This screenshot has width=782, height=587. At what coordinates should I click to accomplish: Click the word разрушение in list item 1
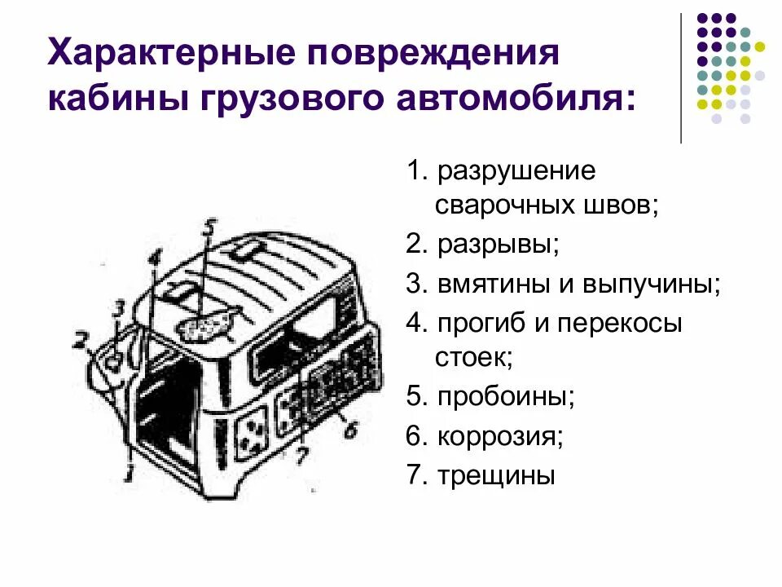(516, 172)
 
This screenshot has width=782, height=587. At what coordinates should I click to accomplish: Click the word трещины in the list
(495, 475)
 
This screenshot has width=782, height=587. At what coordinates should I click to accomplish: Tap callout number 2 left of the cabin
(80, 341)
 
